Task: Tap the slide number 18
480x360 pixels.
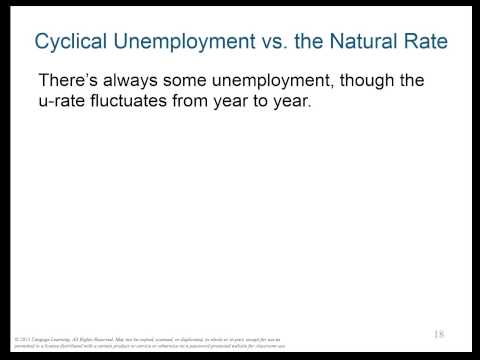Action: click(440, 334)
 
